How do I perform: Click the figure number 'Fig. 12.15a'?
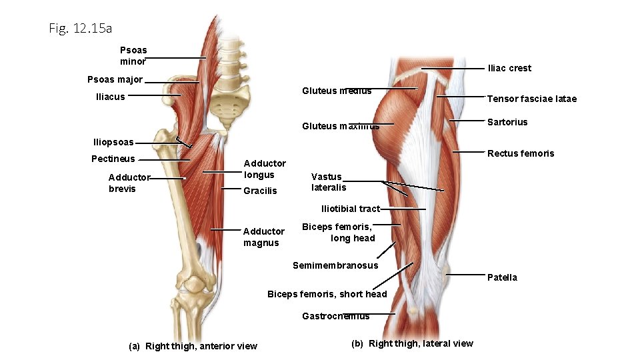80,29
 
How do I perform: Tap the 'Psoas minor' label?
133,56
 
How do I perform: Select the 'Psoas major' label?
115,80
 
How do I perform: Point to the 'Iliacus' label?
110,97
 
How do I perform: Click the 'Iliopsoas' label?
113,142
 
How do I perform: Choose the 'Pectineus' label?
113,159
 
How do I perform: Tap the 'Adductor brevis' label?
129,183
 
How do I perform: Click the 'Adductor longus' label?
265,169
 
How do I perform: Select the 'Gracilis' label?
260,191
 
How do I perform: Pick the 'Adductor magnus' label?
263,237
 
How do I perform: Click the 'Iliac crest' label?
509,68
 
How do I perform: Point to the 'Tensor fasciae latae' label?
531,99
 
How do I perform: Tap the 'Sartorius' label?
507,122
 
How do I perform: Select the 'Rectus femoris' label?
520,153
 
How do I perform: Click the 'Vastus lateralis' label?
329,182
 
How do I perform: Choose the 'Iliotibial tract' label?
350,209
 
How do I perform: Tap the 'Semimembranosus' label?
335,265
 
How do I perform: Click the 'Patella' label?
502,277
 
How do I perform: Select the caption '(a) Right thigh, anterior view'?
193,346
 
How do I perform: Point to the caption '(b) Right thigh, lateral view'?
411,343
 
